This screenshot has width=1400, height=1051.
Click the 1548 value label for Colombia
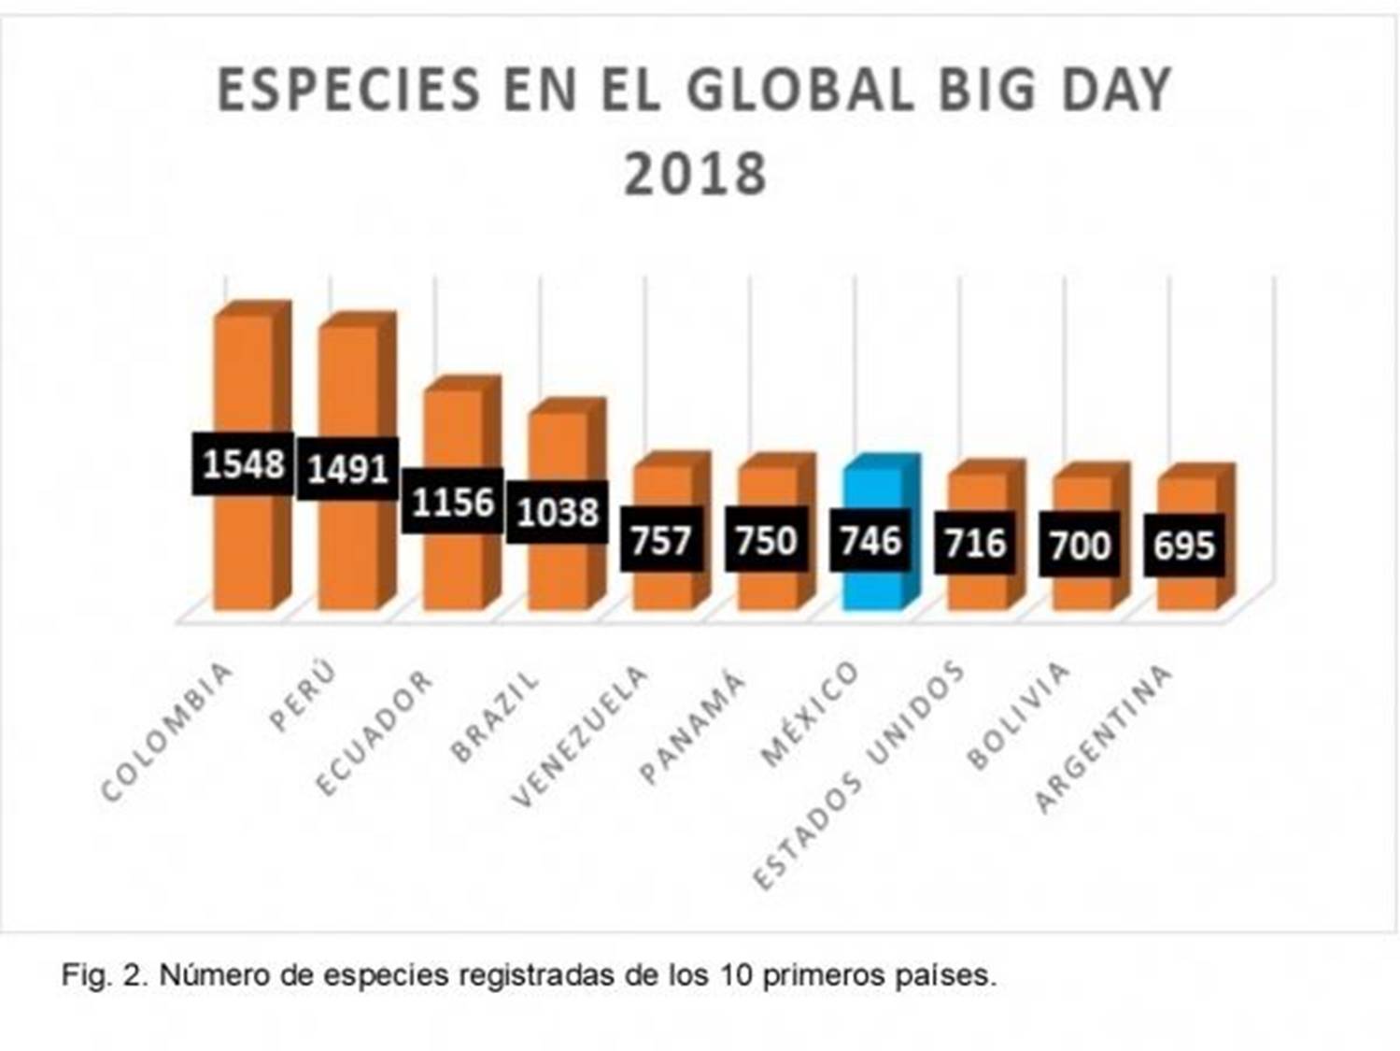coord(243,463)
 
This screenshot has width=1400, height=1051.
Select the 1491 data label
coord(347,468)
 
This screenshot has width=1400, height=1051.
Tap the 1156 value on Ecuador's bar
coord(453,503)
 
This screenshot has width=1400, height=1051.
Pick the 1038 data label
coord(558,512)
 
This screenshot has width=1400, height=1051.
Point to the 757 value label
coord(661,540)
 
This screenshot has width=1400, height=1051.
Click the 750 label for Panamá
coord(766,540)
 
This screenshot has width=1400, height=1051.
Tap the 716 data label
coord(975,543)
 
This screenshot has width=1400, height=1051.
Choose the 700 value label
coord(1080,546)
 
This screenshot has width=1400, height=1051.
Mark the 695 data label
coord(1184,546)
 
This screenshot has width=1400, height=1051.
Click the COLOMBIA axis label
coord(166,733)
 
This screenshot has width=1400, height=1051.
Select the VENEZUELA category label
coord(580,737)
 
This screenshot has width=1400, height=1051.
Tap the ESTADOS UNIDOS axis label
coord(858,775)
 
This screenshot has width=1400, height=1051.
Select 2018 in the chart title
coord(695,175)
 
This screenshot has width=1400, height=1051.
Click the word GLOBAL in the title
coord(799,91)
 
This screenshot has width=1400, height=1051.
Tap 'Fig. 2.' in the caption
coord(103,975)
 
